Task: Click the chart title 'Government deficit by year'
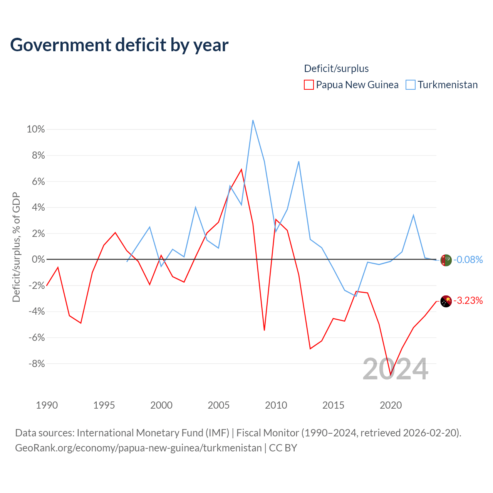119,45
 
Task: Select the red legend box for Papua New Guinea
309,85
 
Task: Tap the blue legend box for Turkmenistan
410,85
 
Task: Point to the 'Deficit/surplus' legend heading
336,69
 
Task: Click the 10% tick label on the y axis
36,129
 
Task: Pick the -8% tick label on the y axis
37,364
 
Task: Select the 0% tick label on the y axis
39,259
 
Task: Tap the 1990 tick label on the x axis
47,405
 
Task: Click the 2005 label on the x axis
218,405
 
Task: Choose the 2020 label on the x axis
391,405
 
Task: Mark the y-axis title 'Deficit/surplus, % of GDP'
16,247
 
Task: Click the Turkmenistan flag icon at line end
446,260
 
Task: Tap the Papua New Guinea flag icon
446,301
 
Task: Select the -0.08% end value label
468,260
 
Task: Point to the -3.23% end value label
468,300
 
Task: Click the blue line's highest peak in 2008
253,120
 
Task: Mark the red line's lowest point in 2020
391,375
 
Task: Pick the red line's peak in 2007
241,169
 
